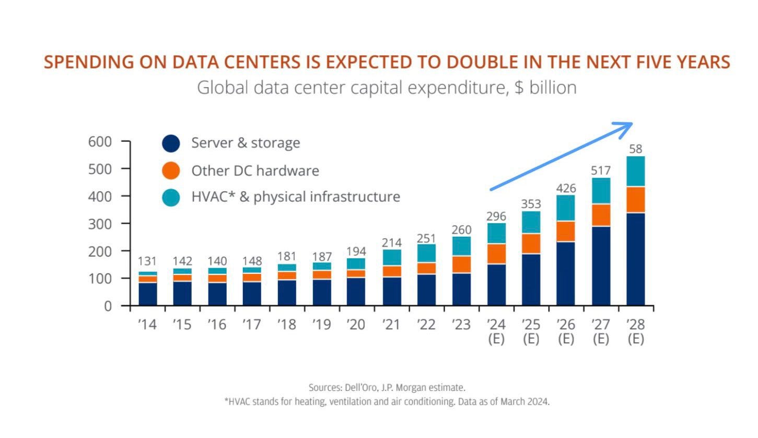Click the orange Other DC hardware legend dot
coord(171,170)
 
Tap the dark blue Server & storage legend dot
coord(171,144)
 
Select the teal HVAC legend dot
coord(171,198)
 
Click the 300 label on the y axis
coord(100,224)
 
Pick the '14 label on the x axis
coord(147,325)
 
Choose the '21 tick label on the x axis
coord(392,325)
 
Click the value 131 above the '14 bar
coord(147,261)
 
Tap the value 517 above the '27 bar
coord(601,170)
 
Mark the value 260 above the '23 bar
coord(462,230)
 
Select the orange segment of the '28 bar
coord(636,200)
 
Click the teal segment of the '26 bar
coord(566,208)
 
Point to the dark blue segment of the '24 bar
coord(496,285)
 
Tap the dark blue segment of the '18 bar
coord(287,293)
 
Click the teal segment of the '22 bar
coord(426,253)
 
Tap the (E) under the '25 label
coord(531,339)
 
